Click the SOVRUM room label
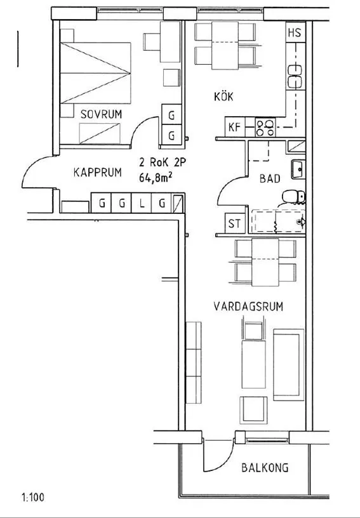pos(101,114)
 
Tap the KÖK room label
pos(223,96)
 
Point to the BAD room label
pos(270,179)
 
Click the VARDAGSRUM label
pos(248,307)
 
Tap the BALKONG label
pos(265,468)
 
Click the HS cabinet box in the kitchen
pos(295,33)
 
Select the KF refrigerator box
pos(234,127)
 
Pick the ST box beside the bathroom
pos(234,223)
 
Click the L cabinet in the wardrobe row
pos(142,204)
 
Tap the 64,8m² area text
pos(156,178)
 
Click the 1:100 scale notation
pos(32,498)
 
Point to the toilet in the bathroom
pos(293,196)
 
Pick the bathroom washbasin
pos(297,169)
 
